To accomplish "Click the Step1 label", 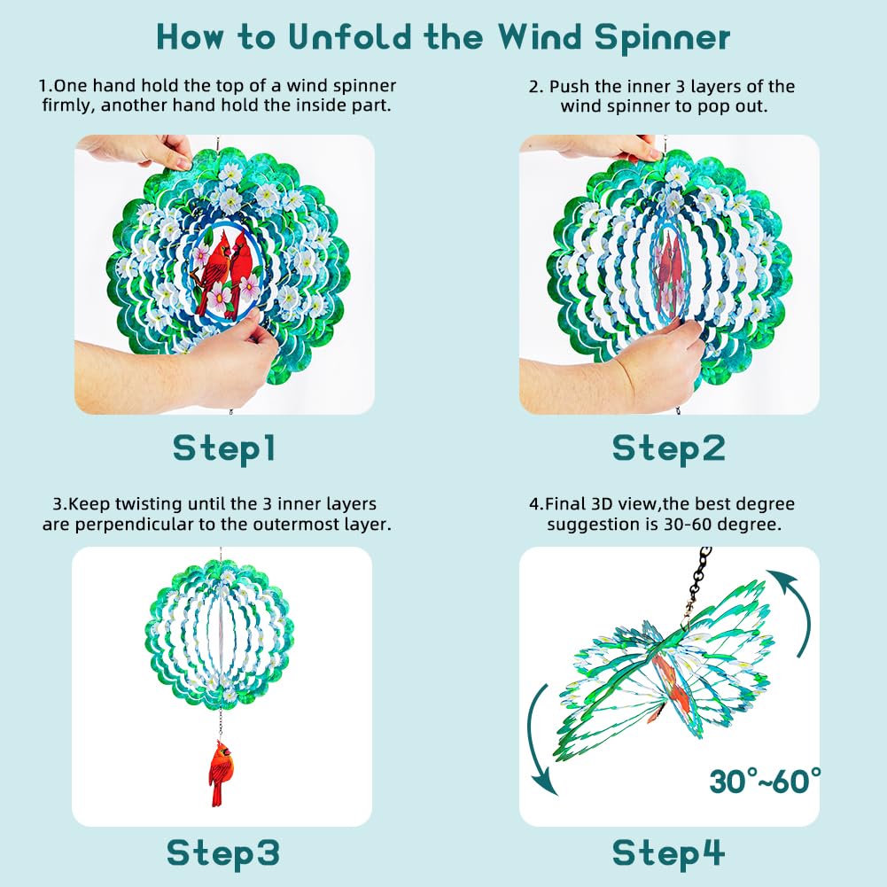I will [x=224, y=447].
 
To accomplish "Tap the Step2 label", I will [x=668, y=447].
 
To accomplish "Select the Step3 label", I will [x=223, y=852].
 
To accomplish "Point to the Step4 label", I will [x=668, y=852].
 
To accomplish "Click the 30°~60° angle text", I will [x=765, y=782].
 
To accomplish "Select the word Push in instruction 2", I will [x=566, y=87].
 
